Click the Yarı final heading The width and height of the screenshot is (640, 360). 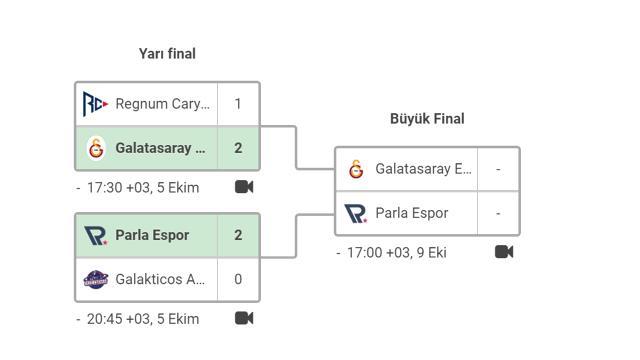(167, 54)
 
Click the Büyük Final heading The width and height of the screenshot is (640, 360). (427, 119)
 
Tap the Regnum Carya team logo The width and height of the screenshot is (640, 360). (95, 104)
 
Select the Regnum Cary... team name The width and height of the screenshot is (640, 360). (162, 104)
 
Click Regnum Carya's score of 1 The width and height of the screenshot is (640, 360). (238, 104)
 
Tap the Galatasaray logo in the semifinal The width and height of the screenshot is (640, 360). (96, 148)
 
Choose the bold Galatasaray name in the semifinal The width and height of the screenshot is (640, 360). (160, 148)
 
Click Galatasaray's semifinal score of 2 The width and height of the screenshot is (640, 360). (238, 148)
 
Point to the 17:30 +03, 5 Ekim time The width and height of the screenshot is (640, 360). (143, 188)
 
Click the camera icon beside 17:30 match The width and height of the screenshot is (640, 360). (244, 187)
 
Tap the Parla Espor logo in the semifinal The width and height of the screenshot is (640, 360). (96, 236)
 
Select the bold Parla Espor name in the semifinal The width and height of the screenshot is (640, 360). (152, 236)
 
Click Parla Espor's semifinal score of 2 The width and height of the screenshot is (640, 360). (238, 236)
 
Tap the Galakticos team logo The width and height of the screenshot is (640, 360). (96, 280)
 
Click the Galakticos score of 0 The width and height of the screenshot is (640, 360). (238, 280)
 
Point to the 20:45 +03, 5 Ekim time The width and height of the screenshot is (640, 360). (143, 319)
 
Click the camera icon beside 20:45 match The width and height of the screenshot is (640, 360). (244, 318)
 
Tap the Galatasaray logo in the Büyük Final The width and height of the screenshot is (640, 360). (356, 169)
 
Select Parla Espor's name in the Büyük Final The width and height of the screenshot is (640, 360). (411, 213)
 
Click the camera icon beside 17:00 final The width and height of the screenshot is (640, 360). (504, 252)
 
